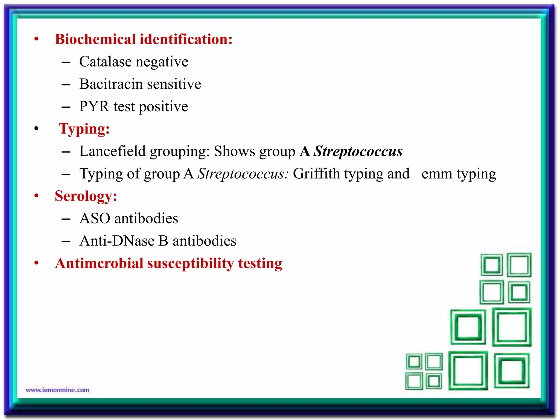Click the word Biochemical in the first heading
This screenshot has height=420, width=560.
tap(95, 39)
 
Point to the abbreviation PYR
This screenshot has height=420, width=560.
tap(94, 106)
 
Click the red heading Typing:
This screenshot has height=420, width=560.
tap(84, 129)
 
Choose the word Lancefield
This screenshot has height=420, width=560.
tap(112, 151)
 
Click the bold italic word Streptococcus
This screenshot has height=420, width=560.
tap(358, 151)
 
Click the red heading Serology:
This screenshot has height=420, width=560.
tap(86, 196)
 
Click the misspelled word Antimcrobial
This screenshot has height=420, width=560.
tap(99, 263)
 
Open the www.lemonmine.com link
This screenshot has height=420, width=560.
tap(58, 390)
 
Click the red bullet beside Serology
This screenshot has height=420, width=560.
tap(36, 196)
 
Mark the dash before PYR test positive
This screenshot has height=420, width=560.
tap(66, 107)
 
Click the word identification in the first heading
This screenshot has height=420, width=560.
tap(186, 39)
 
